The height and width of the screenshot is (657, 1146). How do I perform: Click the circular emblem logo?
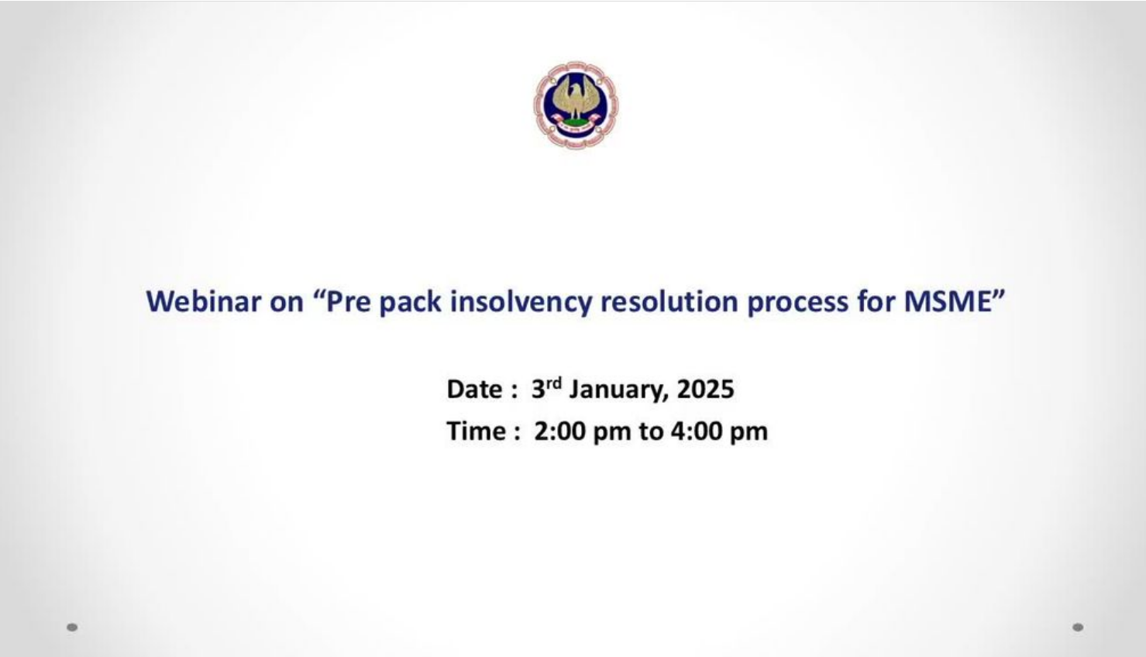pyautogui.click(x=576, y=105)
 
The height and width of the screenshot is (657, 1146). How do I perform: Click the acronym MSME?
pyautogui.click(x=948, y=301)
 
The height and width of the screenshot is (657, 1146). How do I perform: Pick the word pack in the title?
pyautogui.click(x=411, y=302)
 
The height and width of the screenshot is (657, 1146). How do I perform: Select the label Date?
pyautogui.click(x=474, y=390)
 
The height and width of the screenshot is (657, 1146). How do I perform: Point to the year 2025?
pyautogui.click(x=706, y=390)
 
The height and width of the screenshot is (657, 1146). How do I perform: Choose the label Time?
pyautogui.click(x=477, y=432)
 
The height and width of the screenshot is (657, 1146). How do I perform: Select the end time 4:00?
pyautogui.click(x=697, y=432)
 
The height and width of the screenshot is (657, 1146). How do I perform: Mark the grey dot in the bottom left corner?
pyautogui.click(x=72, y=628)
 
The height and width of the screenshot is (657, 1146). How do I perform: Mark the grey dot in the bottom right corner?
pyautogui.click(x=1078, y=628)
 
